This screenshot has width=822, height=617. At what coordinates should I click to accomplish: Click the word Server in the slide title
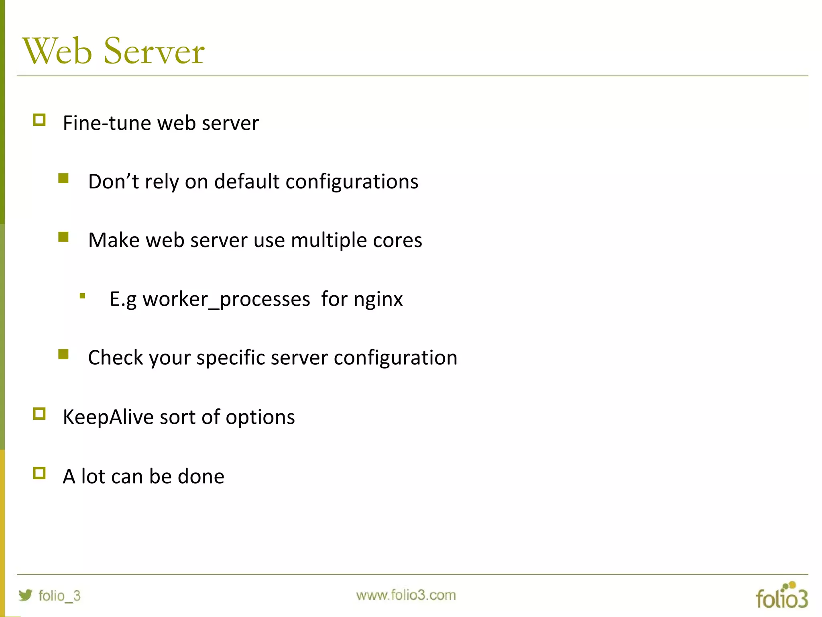[154, 51]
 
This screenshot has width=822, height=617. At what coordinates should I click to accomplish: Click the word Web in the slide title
[57, 51]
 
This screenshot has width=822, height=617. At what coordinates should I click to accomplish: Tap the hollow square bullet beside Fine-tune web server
[39, 120]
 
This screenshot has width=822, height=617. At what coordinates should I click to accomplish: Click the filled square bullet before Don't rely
[63, 178]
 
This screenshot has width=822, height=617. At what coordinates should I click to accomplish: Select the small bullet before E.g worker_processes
[82, 296]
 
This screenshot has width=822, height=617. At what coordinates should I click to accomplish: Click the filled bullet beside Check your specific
[63, 354]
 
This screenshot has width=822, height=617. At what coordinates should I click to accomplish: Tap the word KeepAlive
[108, 417]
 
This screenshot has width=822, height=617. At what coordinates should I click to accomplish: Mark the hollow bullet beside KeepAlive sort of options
[39, 414]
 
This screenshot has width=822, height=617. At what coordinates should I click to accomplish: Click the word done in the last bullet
[201, 476]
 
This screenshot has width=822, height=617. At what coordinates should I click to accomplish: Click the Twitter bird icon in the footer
[26, 595]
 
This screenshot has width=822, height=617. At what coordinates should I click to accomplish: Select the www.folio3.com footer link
[406, 595]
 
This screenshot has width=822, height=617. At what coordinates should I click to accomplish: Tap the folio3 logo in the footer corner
[781, 595]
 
